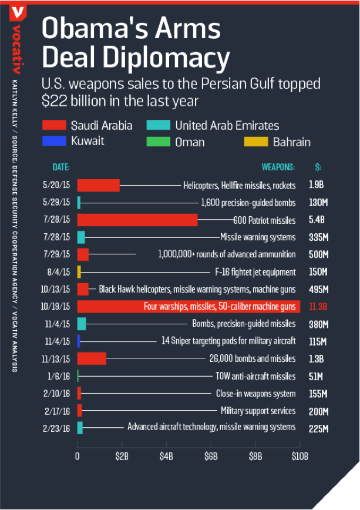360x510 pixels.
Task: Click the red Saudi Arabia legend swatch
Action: (53, 125)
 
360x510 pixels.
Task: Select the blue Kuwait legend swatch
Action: (53, 142)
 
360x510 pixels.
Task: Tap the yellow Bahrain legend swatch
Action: (255, 142)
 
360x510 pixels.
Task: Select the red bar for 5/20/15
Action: (98, 185)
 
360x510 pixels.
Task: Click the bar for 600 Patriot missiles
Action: (137, 220)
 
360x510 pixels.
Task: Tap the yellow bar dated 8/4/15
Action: (79, 272)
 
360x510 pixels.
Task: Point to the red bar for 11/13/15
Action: (92, 358)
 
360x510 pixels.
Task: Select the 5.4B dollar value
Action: (317, 220)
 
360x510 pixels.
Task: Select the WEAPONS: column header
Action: (278, 167)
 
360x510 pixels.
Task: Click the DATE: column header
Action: (61, 167)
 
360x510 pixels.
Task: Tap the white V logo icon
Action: (19, 11)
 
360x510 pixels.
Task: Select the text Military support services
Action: (258, 411)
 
